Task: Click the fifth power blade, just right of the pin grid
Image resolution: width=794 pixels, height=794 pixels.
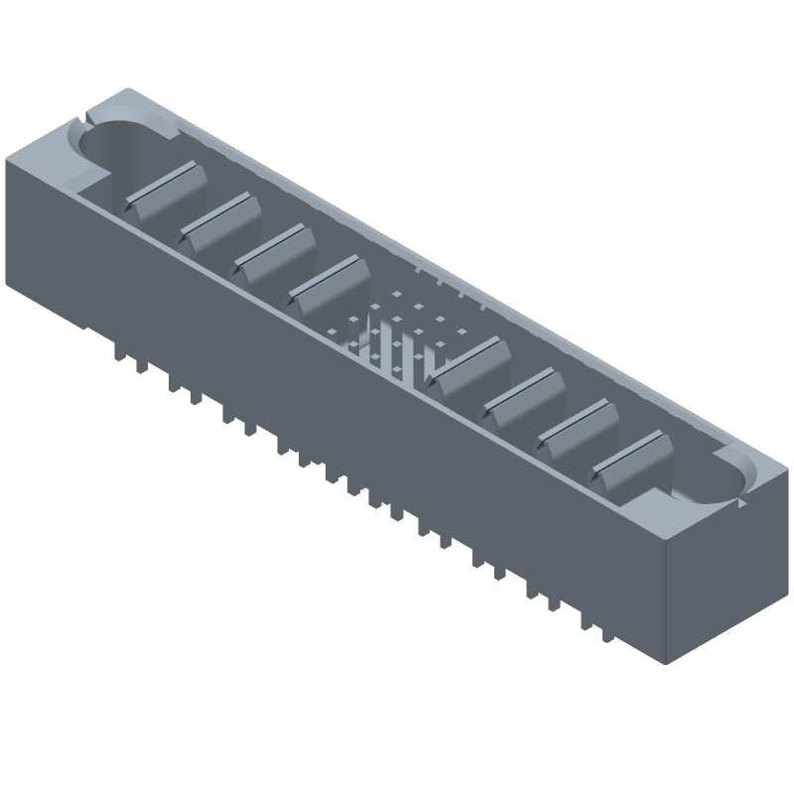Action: (466, 362)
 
